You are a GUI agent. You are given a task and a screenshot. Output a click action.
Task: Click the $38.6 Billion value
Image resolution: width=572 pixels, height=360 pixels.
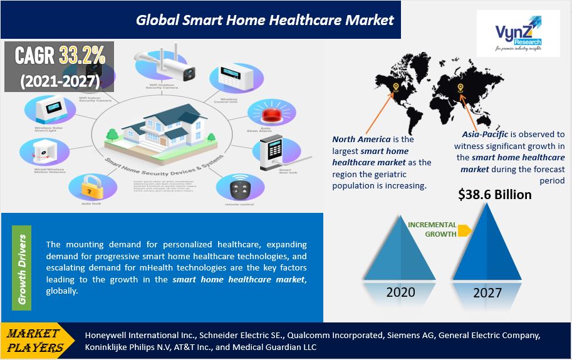pos(495,195)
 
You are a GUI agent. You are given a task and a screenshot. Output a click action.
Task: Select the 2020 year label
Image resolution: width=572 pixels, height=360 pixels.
pos(400,292)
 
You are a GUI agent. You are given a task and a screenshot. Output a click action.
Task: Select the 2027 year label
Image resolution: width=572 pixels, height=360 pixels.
pos(487,292)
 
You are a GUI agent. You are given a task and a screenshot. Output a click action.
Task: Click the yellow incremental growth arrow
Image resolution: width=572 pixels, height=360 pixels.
pos(464,230)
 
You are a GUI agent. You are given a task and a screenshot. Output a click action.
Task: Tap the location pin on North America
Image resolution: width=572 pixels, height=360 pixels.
pos(395,88)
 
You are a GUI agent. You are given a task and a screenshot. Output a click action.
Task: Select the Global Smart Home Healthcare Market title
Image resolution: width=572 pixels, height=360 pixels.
pos(264,19)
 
